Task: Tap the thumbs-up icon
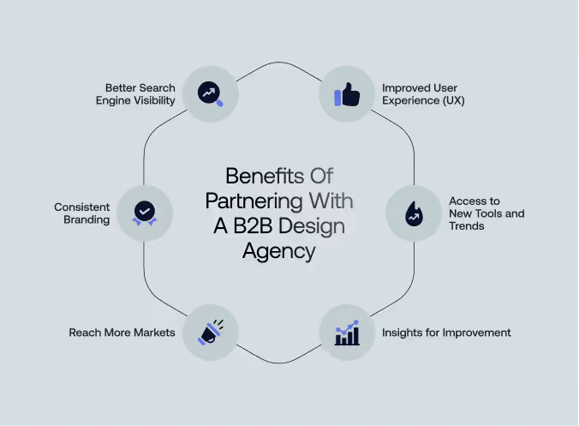pyautogui.click(x=347, y=94)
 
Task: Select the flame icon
pyautogui.click(x=413, y=213)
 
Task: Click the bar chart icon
pyautogui.click(x=347, y=333)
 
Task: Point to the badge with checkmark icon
pyautogui.click(x=144, y=213)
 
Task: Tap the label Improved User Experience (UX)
pyautogui.click(x=423, y=94)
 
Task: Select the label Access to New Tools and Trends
pyautogui.click(x=486, y=213)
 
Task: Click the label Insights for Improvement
pyautogui.click(x=446, y=333)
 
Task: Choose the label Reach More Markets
pyautogui.click(x=122, y=333)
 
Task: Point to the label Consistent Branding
pyautogui.click(x=82, y=213)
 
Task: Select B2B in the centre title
pyautogui.click(x=255, y=227)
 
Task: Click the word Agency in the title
pyautogui.click(x=278, y=252)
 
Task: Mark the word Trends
pyautogui.click(x=468, y=225)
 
